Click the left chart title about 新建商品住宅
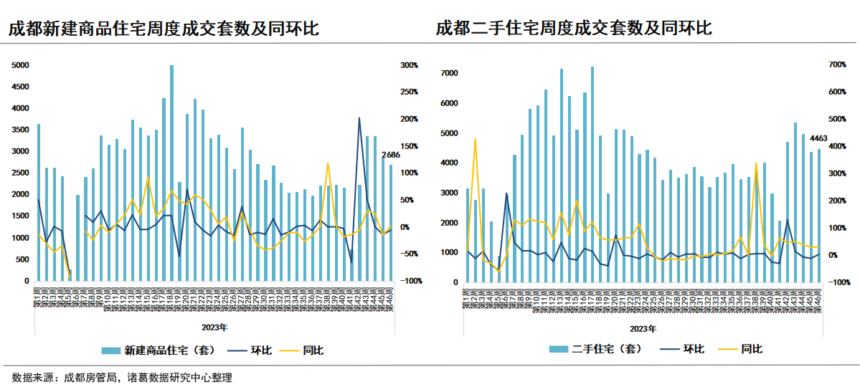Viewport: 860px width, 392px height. (164, 29)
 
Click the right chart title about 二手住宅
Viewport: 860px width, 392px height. (574, 29)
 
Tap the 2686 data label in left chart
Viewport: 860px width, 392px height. (391, 155)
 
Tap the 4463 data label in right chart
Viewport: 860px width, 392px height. (819, 138)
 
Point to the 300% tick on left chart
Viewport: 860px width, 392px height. (409, 65)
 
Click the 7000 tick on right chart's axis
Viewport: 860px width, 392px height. (449, 73)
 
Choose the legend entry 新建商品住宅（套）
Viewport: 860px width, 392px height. (158, 350)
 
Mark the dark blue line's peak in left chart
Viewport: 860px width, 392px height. (359, 118)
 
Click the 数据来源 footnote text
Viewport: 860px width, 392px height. (122, 378)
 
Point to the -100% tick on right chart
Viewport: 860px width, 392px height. (838, 282)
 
